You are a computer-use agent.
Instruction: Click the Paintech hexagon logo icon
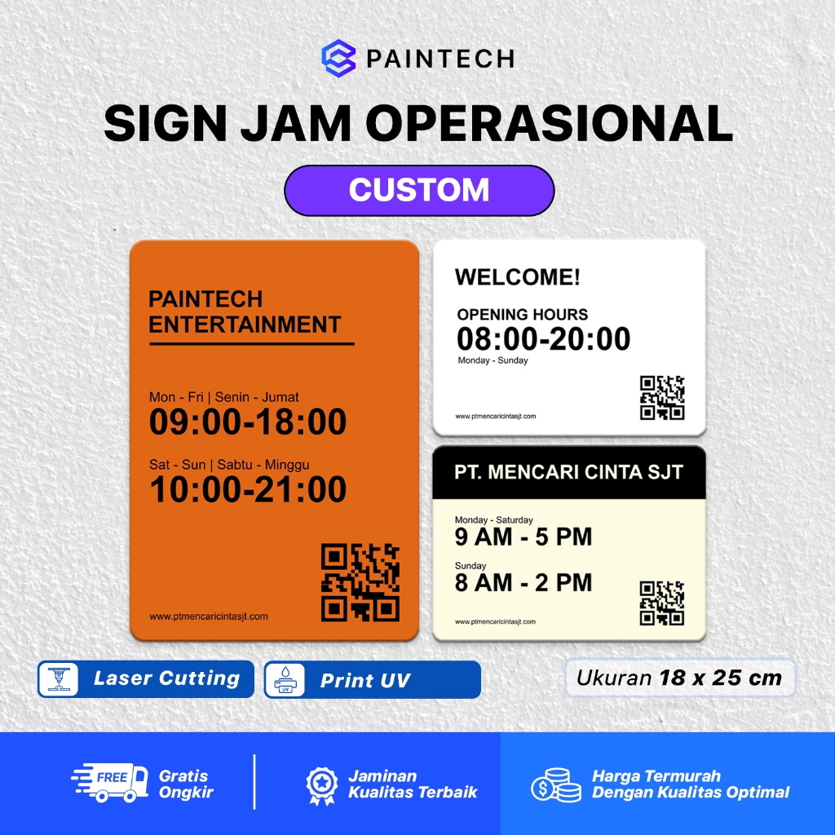(338, 60)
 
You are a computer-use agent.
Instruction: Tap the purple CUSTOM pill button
(419, 190)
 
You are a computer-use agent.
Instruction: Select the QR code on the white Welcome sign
(661, 398)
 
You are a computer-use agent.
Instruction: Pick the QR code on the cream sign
(661, 603)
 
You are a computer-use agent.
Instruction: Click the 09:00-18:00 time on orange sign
(248, 422)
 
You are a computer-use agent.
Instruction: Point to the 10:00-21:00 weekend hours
(248, 490)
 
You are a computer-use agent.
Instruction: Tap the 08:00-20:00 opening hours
(544, 338)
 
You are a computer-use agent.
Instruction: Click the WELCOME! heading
(518, 277)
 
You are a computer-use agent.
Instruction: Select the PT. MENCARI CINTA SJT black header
(568, 472)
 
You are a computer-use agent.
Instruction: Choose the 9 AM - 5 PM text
(524, 537)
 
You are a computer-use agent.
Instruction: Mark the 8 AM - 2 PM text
(524, 583)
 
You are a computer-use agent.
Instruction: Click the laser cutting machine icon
(59, 679)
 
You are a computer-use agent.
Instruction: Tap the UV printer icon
(285, 680)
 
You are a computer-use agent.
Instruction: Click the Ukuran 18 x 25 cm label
(679, 678)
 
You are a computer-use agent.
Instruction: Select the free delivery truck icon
(109, 784)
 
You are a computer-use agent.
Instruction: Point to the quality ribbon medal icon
(320, 784)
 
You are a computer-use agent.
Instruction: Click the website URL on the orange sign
(209, 616)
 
